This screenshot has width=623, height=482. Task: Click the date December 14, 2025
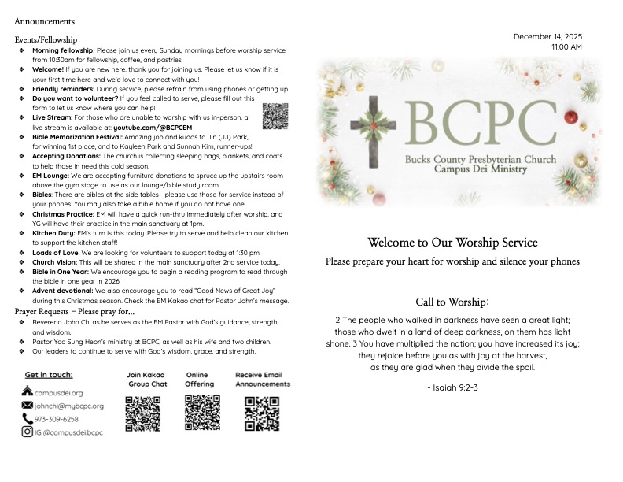coord(547,37)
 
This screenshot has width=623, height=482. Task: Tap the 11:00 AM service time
coord(567,47)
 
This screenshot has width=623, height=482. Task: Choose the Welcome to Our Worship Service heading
coord(452,242)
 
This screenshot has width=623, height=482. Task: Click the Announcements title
coord(45,21)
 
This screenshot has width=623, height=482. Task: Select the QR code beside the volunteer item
coord(275,116)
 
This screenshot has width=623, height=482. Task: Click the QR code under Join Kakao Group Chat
coord(142,413)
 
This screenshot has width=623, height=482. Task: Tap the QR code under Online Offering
coord(202,412)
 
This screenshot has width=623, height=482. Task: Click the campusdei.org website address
coord(58,392)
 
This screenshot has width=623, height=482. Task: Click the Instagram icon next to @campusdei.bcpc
coord(28,432)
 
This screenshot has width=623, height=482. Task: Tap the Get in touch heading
coord(49,375)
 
